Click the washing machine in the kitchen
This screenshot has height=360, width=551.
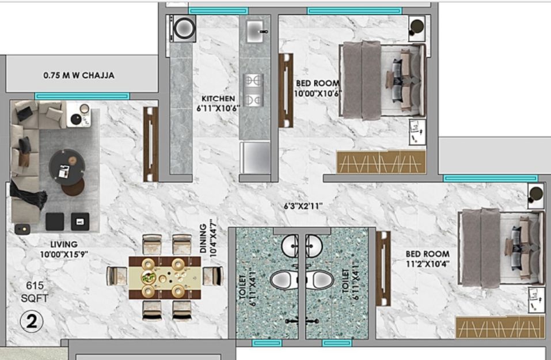pos(183,29)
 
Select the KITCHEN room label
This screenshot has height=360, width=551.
pos(218,98)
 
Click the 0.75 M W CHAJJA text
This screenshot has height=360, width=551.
pos(79,75)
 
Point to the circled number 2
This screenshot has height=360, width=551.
pos(32,321)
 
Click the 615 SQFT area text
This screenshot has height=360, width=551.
pos(35,292)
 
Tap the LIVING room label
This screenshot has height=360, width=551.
pos(64,244)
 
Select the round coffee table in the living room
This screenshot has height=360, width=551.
pos(67,167)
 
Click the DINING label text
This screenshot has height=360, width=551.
pos(203,238)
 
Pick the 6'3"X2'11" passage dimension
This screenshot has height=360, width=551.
pos(303,206)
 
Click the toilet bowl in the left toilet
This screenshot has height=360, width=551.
pos(284,280)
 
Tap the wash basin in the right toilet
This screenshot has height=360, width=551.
pos(314,245)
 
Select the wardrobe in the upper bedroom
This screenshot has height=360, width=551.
pos(381,162)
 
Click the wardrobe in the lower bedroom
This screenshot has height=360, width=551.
pos(500,327)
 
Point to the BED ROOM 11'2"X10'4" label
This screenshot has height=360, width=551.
pos(428,259)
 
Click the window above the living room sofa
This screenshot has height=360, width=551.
pos(82,96)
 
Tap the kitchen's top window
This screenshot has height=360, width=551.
pos(219,11)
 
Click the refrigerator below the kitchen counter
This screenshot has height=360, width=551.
pos(255,157)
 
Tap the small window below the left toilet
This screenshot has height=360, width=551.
pos(267,343)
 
